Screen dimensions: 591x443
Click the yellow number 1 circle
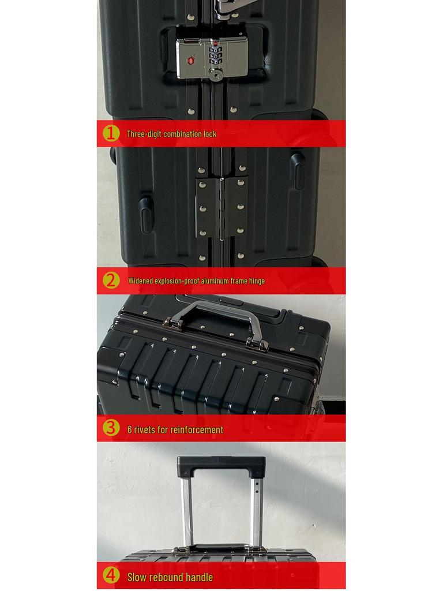(x=111, y=133)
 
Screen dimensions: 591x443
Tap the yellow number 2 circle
(x=111, y=281)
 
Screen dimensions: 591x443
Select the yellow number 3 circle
(x=111, y=428)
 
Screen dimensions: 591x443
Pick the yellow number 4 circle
(x=111, y=576)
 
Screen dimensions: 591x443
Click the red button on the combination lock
(x=190, y=59)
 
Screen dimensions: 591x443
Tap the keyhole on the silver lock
(x=216, y=73)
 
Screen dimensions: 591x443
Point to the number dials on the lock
(x=216, y=56)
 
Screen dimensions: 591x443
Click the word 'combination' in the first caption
(x=183, y=134)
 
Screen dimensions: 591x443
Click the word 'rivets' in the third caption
(x=147, y=429)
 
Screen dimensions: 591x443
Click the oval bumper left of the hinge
(x=147, y=215)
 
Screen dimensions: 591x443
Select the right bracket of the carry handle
(x=257, y=345)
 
